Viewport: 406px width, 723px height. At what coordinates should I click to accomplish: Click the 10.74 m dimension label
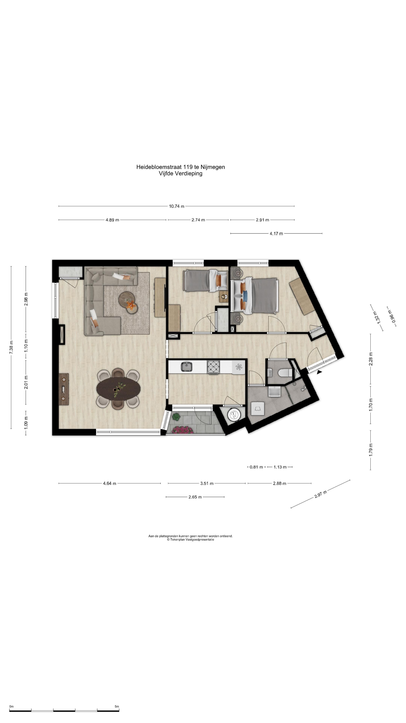tap(176, 206)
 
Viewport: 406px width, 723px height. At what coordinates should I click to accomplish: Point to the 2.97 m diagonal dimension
tap(320, 494)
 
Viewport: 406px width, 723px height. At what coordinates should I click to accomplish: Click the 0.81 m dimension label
tap(256, 467)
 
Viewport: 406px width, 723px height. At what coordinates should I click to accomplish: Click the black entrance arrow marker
tap(319, 372)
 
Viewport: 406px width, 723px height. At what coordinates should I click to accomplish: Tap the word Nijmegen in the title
tap(213, 167)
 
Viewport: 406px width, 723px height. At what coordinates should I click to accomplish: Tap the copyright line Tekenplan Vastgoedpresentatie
tap(191, 539)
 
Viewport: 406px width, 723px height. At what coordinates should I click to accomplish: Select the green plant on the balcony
tap(176, 417)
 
